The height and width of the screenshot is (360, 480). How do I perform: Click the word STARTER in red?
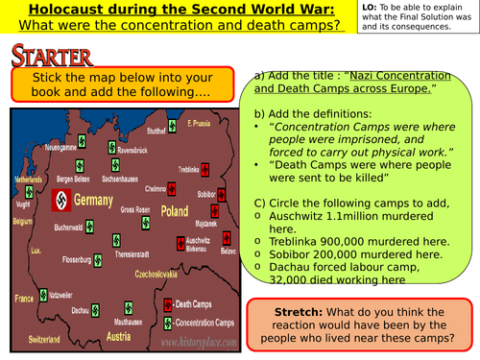(52, 56)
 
